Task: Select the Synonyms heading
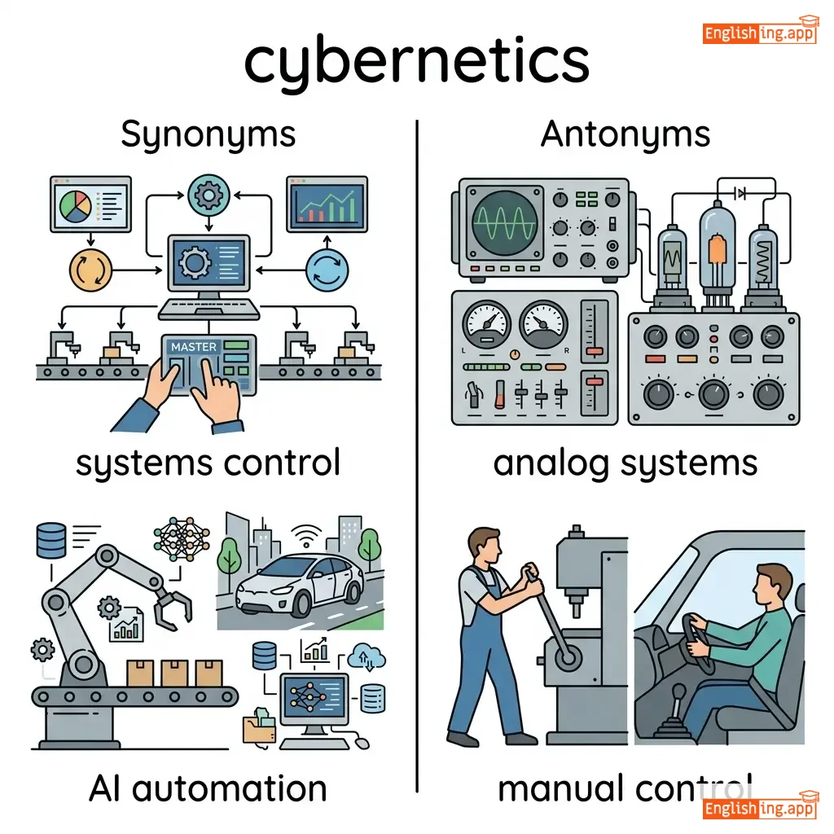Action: click(x=208, y=134)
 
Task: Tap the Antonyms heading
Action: click(x=625, y=134)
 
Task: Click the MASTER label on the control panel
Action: click(x=194, y=347)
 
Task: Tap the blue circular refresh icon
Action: click(x=327, y=269)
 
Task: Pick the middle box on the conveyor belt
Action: click(x=173, y=672)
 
